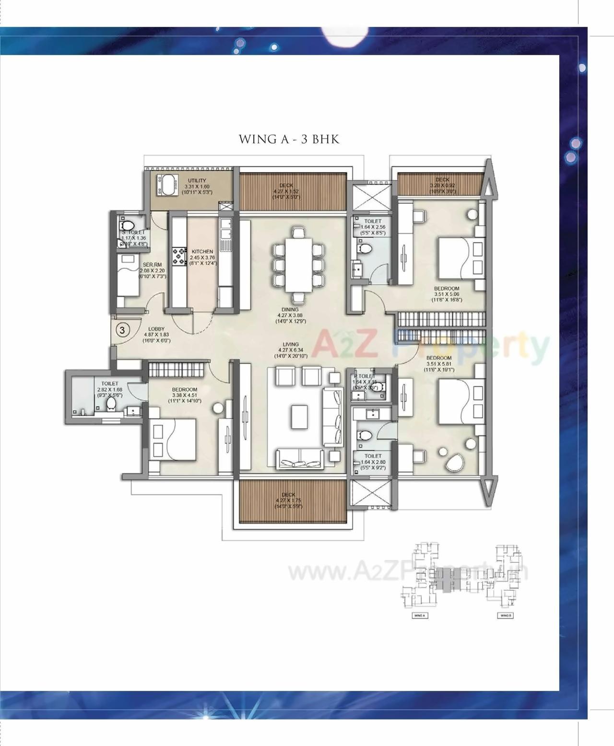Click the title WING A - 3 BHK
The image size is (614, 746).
[x=289, y=139]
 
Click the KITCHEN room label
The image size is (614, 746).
[x=202, y=252]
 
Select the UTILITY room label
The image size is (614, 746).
[x=197, y=181]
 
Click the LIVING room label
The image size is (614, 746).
[x=291, y=344]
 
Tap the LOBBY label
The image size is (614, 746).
[x=156, y=329]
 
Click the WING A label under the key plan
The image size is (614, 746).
[x=419, y=615]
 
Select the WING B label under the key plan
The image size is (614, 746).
[x=505, y=615]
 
